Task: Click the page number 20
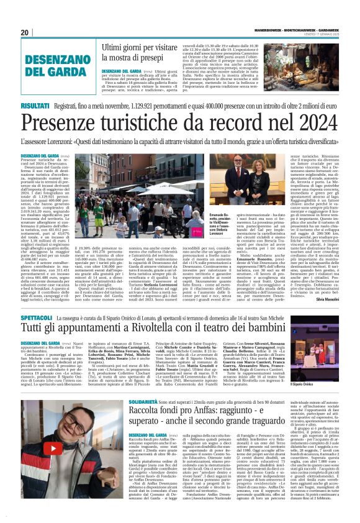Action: point(25,32)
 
